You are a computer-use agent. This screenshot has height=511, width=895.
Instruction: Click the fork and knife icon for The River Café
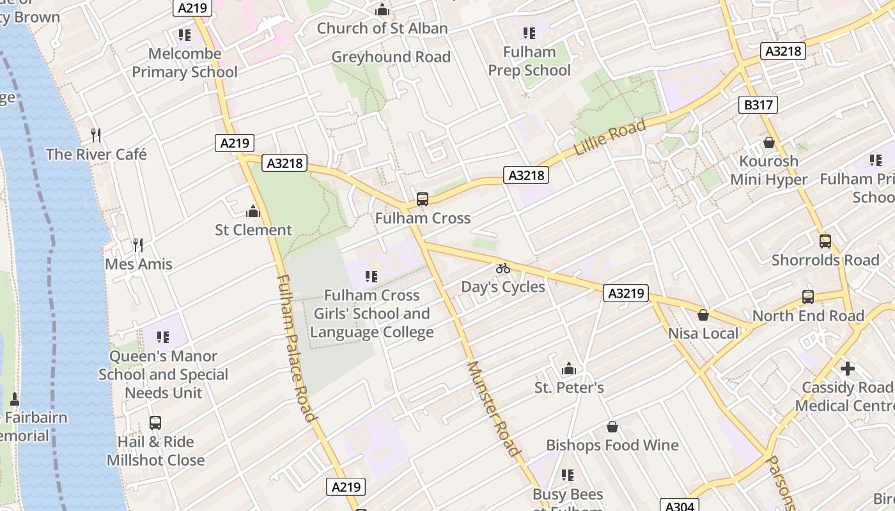96,135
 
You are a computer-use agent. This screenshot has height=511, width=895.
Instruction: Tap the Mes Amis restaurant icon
137,245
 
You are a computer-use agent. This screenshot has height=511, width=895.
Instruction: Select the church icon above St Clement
253,211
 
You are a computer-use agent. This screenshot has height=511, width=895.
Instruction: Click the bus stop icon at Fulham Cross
422,199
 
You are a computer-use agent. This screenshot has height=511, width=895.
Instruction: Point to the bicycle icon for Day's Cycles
503,268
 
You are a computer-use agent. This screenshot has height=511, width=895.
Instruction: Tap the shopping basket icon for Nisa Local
703,314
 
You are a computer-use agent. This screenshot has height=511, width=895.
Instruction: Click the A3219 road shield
626,294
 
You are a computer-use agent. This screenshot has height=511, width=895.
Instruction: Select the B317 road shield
758,105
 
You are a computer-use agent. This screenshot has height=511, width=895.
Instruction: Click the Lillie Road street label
610,137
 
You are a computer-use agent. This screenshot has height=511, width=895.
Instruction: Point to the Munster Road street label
494,409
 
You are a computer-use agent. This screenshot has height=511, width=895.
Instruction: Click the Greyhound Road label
391,57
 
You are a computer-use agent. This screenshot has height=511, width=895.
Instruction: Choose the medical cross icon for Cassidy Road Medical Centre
848,369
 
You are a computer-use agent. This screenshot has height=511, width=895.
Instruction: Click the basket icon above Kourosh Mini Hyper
768,142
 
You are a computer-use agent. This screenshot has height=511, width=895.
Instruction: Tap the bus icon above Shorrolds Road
825,241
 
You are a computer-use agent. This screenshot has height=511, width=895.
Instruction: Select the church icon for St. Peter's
568,369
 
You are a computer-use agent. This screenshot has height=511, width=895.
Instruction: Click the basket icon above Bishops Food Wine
612,426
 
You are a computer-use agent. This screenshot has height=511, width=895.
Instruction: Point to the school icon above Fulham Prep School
529,33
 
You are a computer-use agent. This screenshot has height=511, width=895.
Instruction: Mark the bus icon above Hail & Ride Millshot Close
155,422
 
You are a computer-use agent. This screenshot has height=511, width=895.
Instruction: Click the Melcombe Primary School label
185,63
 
